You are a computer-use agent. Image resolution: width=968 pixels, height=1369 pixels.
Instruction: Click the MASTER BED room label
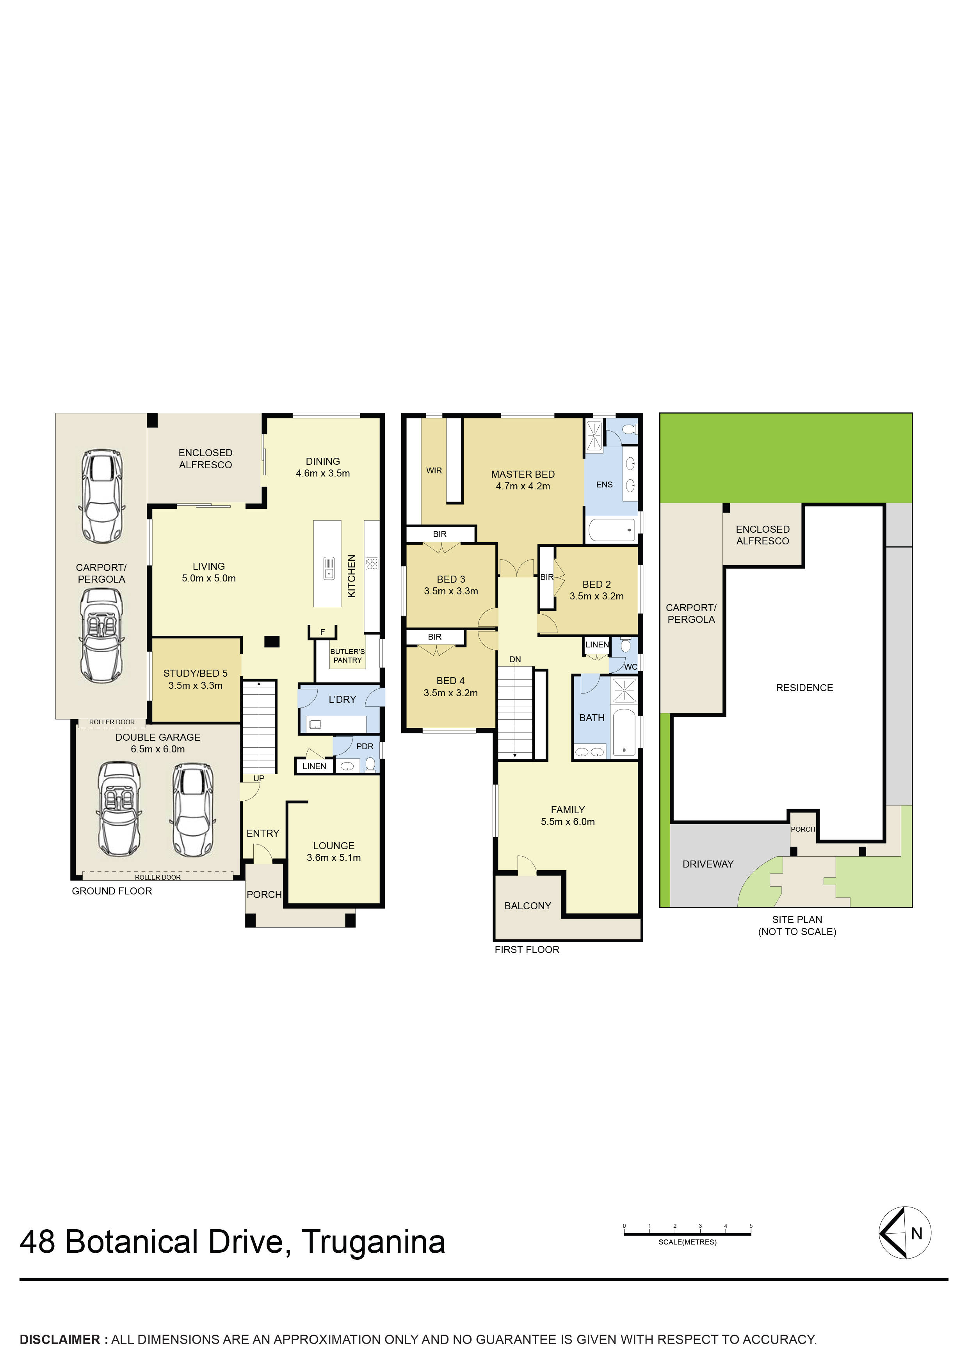pos(523,474)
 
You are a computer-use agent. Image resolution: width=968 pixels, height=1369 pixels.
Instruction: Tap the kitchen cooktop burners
pos(372,564)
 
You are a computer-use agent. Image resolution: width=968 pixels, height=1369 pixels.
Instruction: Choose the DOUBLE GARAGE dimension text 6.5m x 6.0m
pos(158,749)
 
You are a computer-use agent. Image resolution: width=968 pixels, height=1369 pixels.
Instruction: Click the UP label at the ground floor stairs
pos(259,778)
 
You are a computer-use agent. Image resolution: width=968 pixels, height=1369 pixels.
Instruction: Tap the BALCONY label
pos(527,906)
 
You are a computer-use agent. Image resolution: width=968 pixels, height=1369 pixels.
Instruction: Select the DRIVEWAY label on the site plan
pos(708,864)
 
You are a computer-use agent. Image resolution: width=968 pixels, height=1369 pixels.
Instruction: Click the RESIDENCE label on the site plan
pos(804,688)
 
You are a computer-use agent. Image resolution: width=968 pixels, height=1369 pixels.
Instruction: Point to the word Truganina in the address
pos(374,1242)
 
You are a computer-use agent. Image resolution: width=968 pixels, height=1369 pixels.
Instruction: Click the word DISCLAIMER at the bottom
pos(60,1339)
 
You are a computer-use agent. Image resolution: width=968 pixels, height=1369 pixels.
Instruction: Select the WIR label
pos(434,470)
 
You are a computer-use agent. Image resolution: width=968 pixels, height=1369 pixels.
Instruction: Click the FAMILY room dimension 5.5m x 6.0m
pos(568,821)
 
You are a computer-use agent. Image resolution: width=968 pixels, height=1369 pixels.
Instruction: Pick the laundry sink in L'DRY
pos(315,724)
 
